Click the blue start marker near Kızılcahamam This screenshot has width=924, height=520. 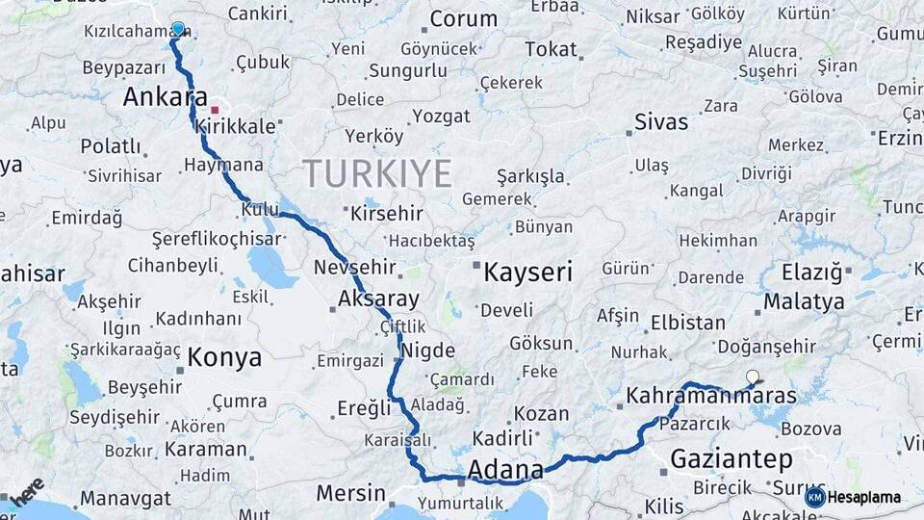coord(177,29)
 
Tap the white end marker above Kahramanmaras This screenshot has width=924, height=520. coord(753,377)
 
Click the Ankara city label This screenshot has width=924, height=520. coord(166,97)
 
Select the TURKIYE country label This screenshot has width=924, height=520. coord(377,174)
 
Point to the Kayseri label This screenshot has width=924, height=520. coord(527,273)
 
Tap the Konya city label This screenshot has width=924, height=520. coord(224,358)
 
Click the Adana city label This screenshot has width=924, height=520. coord(504,469)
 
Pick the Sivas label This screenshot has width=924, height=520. coord(661,122)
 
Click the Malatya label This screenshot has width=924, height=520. coord(803,301)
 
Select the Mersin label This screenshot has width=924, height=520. coord(350,494)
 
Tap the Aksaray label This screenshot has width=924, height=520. coord(378,299)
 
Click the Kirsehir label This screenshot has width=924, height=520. coord(387,213)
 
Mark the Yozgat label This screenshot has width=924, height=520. coord(441,117)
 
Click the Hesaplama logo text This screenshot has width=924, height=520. coord(864,498)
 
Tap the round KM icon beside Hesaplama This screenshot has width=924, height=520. coord(814,498)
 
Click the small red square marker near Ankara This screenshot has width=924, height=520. coord(215,110)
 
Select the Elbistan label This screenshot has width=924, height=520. coord(687,323)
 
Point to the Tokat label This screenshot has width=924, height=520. coord(551,49)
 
